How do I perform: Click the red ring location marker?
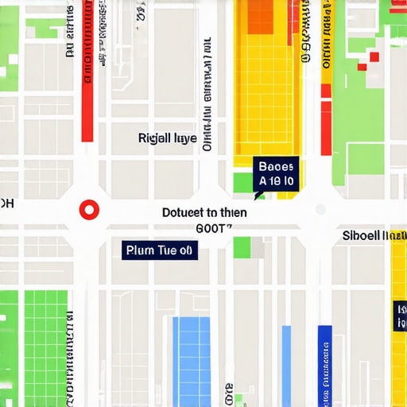89,210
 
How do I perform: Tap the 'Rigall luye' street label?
167,138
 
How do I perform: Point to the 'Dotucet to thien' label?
204,212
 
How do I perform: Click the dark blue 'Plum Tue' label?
160,250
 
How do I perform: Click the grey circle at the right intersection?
320,210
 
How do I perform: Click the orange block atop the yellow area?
261,17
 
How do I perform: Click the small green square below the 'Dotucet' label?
242,247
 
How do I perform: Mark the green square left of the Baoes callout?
243,182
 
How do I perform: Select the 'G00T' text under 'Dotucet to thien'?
212,227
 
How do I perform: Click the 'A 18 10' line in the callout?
276,182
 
